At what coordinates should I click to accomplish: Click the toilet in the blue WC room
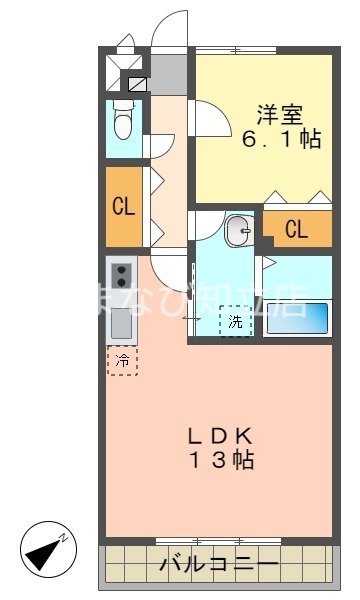tap(123, 124)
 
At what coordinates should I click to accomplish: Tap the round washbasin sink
tap(239, 232)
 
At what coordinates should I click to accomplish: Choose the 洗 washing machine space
tap(235, 321)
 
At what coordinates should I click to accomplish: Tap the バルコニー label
tap(219, 566)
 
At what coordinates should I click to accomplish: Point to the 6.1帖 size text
tap(280, 140)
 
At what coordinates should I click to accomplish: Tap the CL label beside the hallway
tap(124, 207)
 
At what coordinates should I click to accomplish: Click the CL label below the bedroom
tap(297, 229)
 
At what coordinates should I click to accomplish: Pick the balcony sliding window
tap(204, 541)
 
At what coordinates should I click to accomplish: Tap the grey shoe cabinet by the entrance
tap(169, 73)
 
